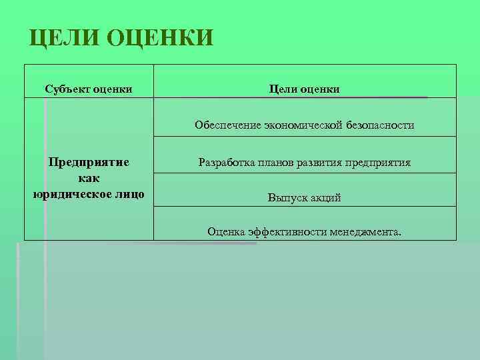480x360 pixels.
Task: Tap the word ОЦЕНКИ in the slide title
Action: [159, 37]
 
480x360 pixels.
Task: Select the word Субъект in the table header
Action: [67, 89]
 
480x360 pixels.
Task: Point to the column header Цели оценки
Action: [305, 89]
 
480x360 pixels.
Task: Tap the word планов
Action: [277, 162]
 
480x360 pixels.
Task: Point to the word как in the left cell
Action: [89, 178]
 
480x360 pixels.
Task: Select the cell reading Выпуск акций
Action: [305, 198]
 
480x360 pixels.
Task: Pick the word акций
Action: [325, 198]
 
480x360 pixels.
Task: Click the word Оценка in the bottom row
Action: [227, 231]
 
